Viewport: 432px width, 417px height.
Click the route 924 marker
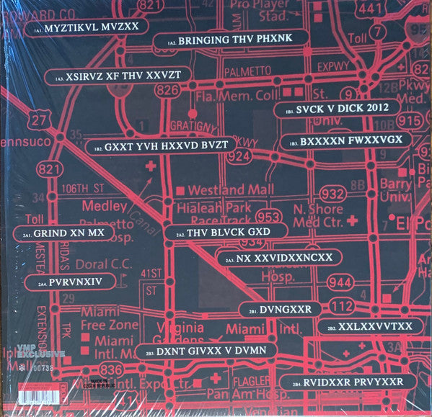[241, 156]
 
